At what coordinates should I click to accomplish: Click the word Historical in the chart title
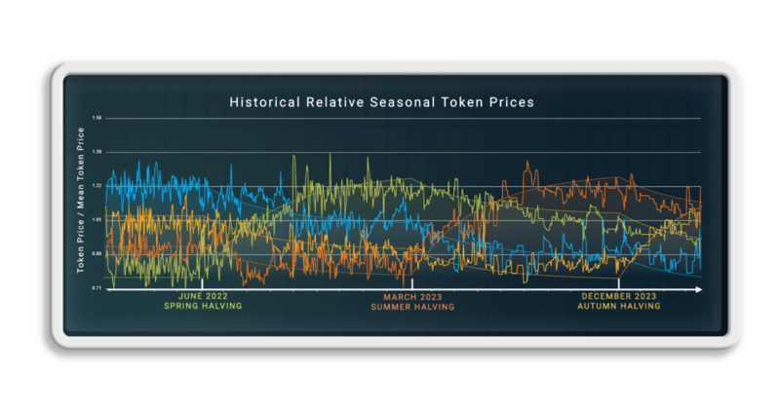click(261, 101)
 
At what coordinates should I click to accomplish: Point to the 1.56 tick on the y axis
click(97, 119)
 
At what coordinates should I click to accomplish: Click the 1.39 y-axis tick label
click(97, 152)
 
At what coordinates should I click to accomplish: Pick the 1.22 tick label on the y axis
click(97, 186)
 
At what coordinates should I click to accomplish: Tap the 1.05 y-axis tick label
click(97, 220)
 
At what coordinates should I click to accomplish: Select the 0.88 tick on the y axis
click(97, 254)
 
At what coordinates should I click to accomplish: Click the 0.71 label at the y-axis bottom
click(97, 288)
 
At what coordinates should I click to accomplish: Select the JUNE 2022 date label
click(202, 295)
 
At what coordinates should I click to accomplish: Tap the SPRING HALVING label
click(202, 306)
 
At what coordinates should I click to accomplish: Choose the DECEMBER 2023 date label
click(619, 295)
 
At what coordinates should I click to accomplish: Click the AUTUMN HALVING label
click(619, 306)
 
